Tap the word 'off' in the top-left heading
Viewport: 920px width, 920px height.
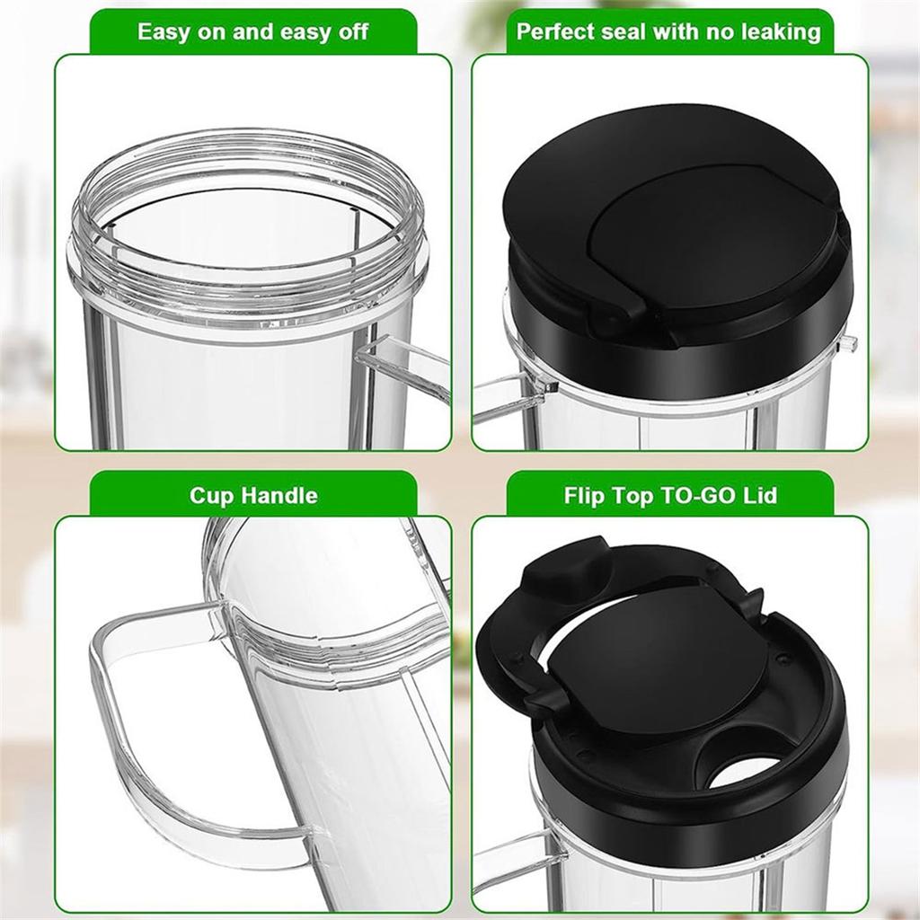351,32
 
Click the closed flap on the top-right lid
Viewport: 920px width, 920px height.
710,234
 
